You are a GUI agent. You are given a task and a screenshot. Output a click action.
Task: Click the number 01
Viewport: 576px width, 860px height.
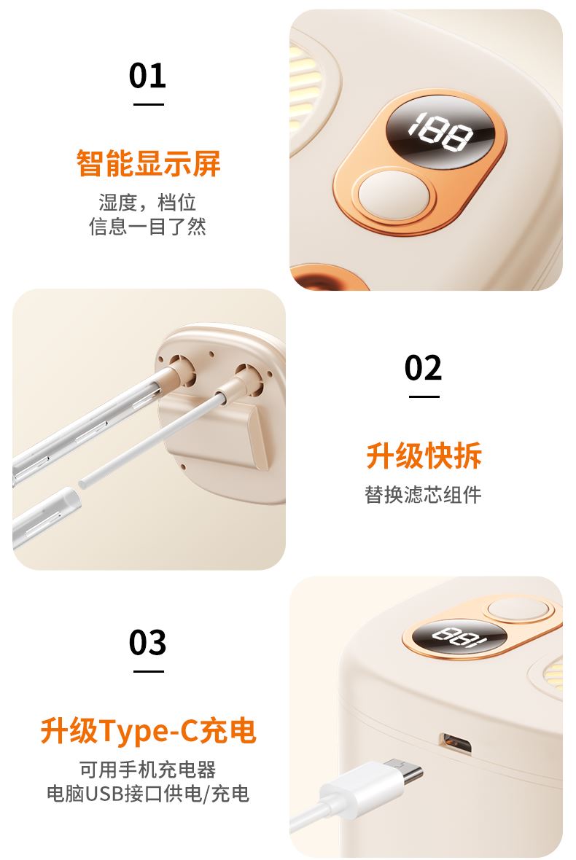coord(147,76)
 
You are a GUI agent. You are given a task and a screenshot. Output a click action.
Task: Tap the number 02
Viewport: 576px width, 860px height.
coord(423,367)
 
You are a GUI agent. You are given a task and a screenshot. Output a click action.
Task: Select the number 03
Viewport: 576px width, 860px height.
coord(147,642)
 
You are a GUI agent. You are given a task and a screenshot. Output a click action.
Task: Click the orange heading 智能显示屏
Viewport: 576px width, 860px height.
coord(148,163)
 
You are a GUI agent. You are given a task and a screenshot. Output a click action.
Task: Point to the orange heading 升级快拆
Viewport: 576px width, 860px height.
coord(424,456)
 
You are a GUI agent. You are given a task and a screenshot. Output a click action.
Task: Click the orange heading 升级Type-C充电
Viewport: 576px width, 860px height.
coord(148,730)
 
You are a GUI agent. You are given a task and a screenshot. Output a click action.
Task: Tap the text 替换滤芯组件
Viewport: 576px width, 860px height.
coord(424,495)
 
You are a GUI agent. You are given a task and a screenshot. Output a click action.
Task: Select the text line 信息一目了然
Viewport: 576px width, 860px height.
coord(148,226)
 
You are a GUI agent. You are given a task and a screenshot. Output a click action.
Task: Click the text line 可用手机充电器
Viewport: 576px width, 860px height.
coord(148,770)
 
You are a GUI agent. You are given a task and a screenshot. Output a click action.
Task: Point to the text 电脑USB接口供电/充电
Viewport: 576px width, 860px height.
coord(148,794)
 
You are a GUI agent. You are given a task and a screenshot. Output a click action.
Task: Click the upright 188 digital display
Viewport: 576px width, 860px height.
coord(440,132)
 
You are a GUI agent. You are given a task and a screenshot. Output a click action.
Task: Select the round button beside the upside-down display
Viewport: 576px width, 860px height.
coord(517,610)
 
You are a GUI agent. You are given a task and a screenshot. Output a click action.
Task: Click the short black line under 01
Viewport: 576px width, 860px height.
coord(148,104)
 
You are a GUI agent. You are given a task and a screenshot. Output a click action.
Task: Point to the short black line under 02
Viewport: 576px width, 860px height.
coord(424,396)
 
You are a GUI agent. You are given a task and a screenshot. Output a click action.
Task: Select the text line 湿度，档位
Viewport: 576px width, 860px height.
coord(148,203)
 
